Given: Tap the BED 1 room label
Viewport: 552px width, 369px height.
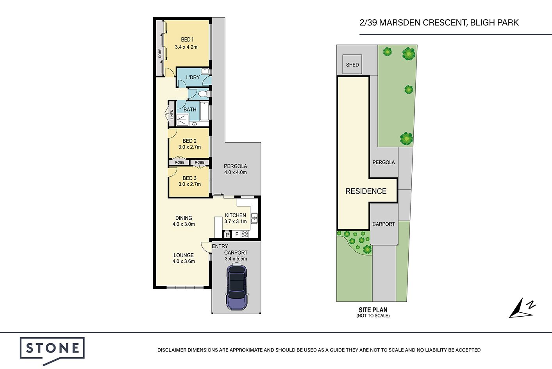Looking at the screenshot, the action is point(187,39).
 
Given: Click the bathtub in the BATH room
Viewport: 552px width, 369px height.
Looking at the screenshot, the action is point(205,111).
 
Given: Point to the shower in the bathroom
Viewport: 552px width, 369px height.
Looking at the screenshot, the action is point(182,119).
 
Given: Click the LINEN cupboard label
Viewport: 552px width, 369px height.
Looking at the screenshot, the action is point(172,115).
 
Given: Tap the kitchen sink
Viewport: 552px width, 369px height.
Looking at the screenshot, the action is point(254,218).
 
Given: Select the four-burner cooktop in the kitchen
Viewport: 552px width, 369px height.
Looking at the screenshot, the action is point(245,234).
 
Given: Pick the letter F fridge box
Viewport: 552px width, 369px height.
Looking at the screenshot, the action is point(237,234).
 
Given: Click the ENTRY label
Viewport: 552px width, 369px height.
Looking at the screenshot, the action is point(220,246).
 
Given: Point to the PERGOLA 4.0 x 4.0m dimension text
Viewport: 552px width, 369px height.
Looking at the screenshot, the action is point(235,172).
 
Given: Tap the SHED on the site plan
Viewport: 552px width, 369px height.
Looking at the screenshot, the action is point(352,64).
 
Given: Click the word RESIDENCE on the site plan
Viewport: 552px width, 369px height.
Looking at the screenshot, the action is point(366,191).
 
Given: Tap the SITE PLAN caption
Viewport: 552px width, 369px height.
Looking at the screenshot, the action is point(373,310).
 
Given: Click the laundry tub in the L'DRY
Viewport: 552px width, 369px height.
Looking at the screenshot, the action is point(205,72).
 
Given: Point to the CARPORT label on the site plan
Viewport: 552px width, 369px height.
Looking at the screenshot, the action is point(384,224).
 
